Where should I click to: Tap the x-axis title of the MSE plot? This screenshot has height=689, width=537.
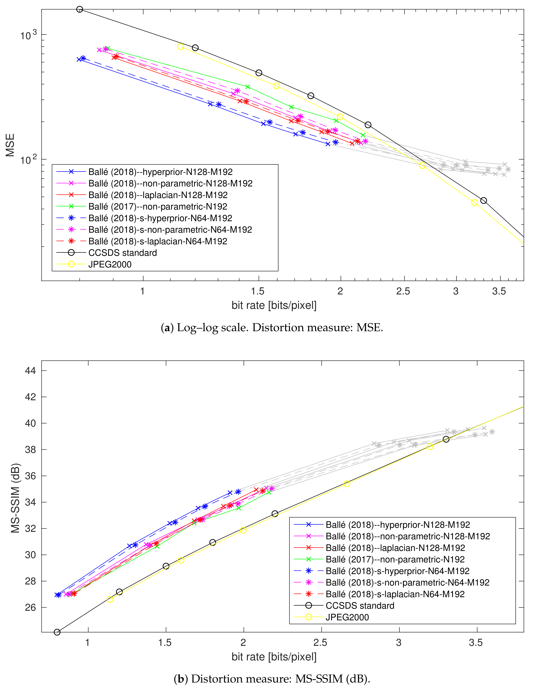point(274,305)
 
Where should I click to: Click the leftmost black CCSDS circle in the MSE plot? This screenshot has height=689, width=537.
point(80,9)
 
